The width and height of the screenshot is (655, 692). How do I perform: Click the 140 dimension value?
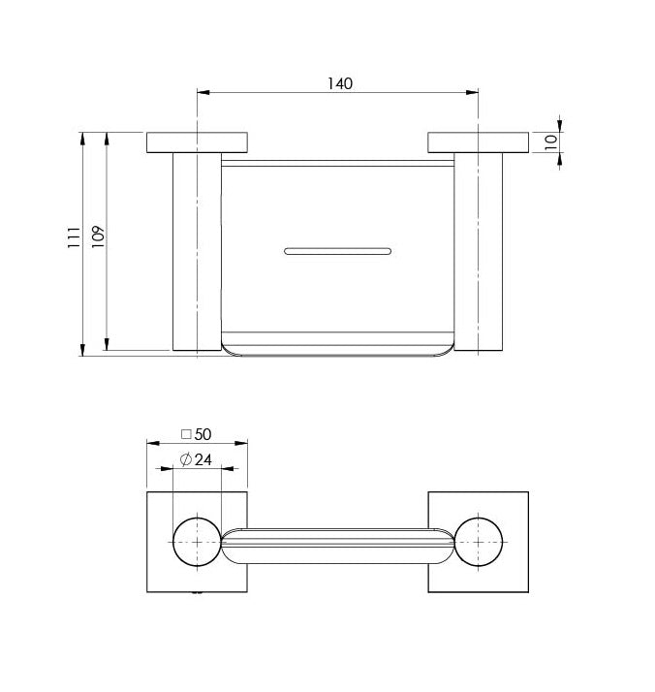[340, 83]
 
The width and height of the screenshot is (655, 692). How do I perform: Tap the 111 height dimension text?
[74, 237]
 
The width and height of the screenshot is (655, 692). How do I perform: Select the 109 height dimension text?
[98, 236]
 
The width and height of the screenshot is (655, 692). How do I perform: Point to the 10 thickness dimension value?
[551, 142]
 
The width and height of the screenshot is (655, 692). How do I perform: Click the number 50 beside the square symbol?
[203, 434]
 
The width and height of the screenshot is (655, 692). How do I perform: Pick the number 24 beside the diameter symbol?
[203, 459]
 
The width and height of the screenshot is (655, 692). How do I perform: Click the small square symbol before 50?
[186, 435]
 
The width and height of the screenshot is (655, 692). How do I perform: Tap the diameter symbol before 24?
[186, 459]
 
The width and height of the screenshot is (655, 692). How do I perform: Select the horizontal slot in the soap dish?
[337, 252]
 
